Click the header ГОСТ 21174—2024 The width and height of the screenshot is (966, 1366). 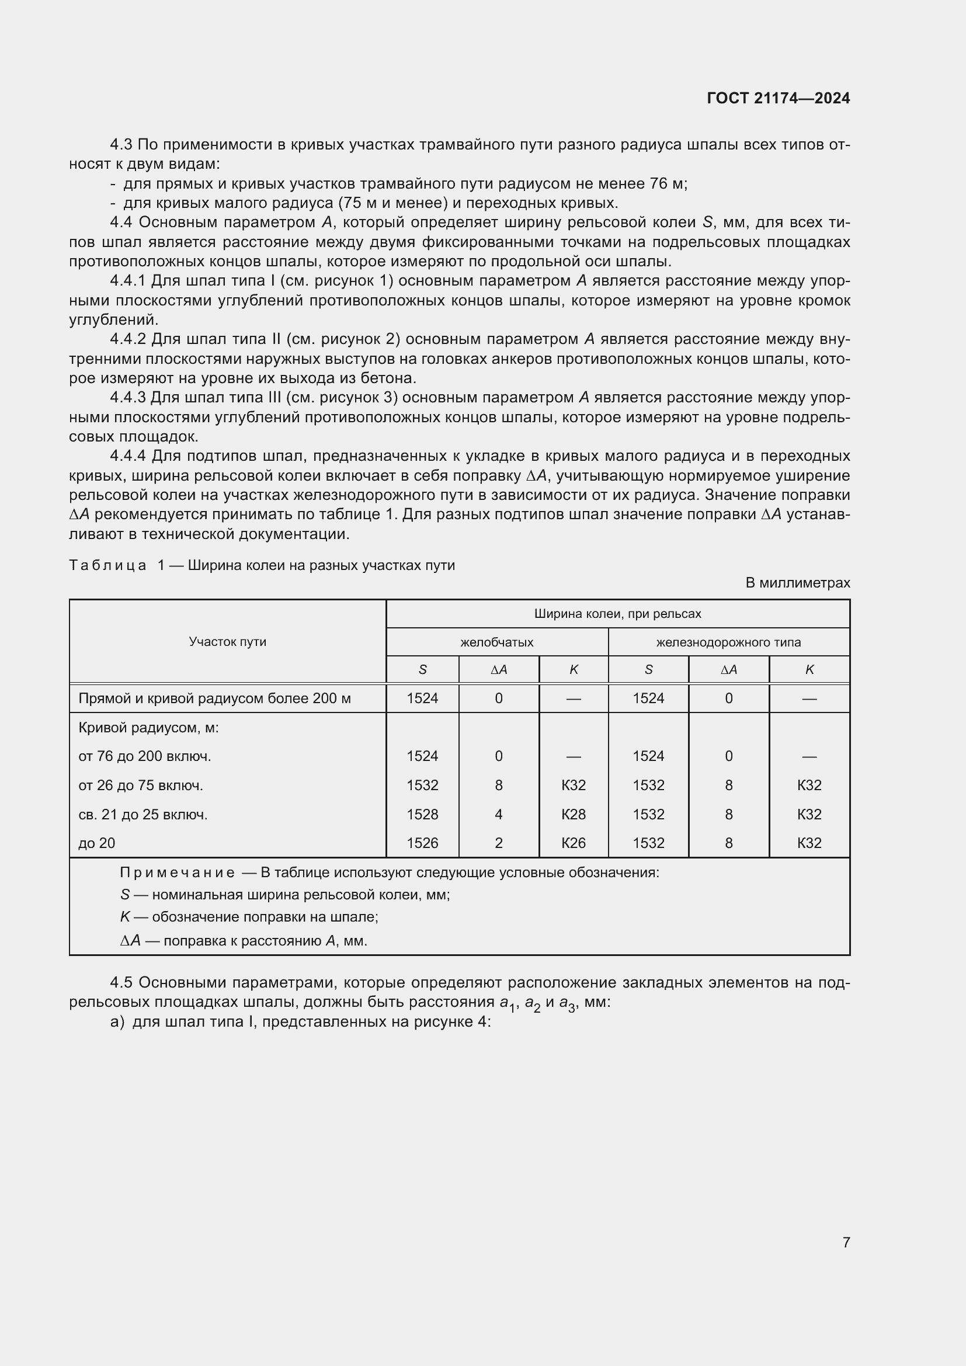pyautogui.click(x=778, y=98)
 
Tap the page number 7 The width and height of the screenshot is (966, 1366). pyautogui.click(x=846, y=1242)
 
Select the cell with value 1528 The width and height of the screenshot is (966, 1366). pyautogui.click(x=422, y=814)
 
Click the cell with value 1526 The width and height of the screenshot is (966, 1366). pyautogui.click(x=422, y=843)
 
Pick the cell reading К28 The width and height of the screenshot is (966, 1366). pyautogui.click(x=574, y=814)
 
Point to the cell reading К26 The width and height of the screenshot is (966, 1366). pyautogui.click(x=574, y=843)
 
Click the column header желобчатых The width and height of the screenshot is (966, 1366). pyautogui.click(x=496, y=642)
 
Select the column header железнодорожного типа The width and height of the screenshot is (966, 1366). pyautogui.click(x=728, y=642)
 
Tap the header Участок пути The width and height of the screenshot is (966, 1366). pyautogui.click(x=227, y=641)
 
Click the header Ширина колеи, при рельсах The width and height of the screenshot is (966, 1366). pyautogui.click(x=617, y=613)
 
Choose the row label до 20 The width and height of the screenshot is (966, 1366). pyautogui.click(x=97, y=843)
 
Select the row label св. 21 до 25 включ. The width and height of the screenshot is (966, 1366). pyautogui.click(x=143, y=814)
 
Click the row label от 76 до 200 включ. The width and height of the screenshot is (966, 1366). pyautogui.click(x=144, y=756)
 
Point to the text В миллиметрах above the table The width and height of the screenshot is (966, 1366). pyautogui.click(x=797, y=582)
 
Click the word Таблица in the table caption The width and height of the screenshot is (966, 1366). pyautogui.click(x=107, y=565)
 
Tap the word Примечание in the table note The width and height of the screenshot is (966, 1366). pyautogui.click(x=178, y=872)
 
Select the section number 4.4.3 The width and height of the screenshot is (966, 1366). pyautogui.click(x=127, y=398)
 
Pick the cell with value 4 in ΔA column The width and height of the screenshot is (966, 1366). pyautogui.click(x=498, y=814)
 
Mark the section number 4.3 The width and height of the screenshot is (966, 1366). pyautogui.click(x=121, y=145)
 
